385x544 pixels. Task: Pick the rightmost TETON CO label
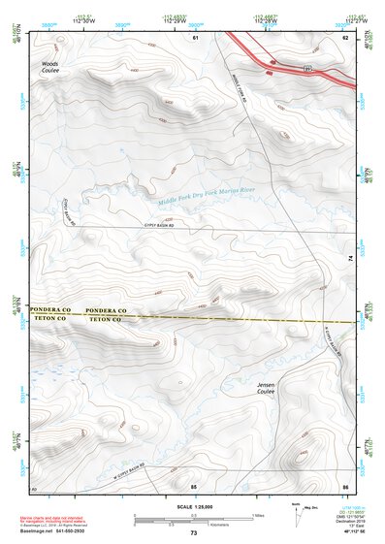(104, 318)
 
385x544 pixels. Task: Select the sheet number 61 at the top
(195, 37)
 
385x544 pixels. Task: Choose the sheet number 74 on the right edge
(351, 257)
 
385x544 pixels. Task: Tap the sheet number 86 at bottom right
(344, 485)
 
